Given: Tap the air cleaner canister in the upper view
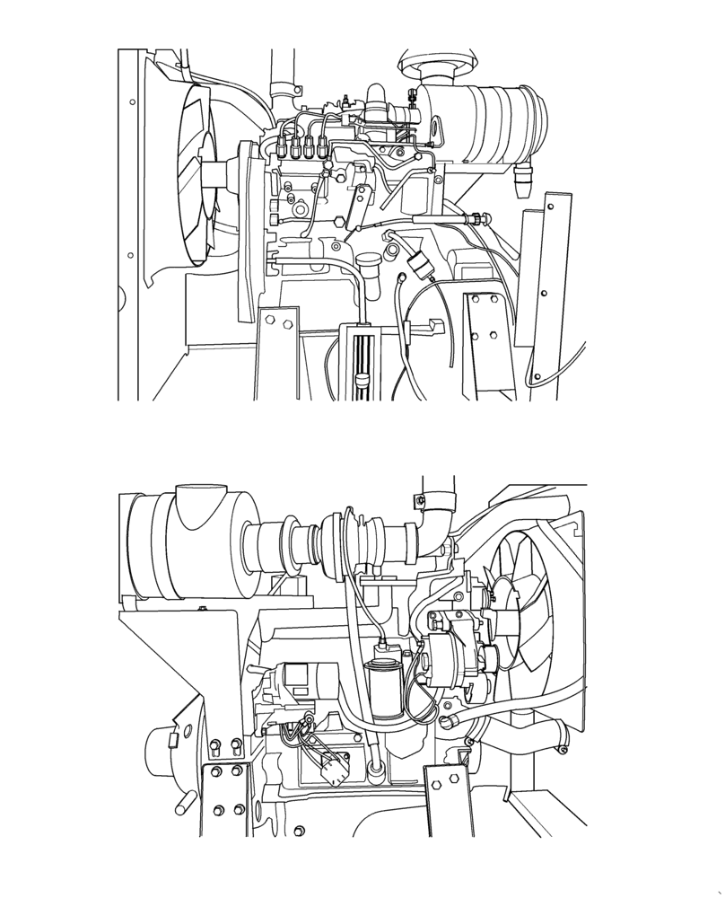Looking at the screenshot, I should pos(489,125).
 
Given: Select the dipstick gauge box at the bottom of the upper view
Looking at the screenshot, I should pos(364,359).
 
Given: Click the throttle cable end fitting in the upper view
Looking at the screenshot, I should pos(476,218).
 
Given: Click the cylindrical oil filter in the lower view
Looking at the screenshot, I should pos(385,683).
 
